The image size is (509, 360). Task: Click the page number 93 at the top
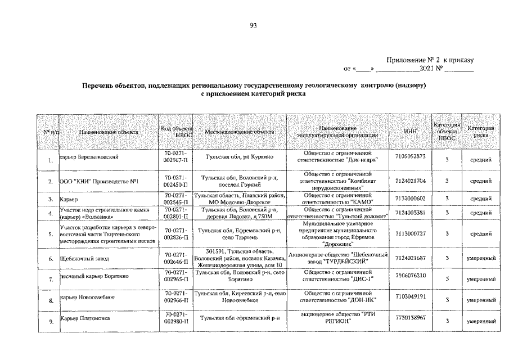(x=254, y=25)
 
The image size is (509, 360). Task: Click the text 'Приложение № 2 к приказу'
(x=431, y=60)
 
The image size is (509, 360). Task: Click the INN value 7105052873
(x=411, y=156)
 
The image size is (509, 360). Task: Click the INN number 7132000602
(x=411, y=198)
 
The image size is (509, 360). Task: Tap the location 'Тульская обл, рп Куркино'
(x=239, y=156)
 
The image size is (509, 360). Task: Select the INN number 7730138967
(x=411, y=318)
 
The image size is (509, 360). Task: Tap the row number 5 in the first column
(x=51, y=234)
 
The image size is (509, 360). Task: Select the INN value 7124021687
(x=411, y=258)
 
